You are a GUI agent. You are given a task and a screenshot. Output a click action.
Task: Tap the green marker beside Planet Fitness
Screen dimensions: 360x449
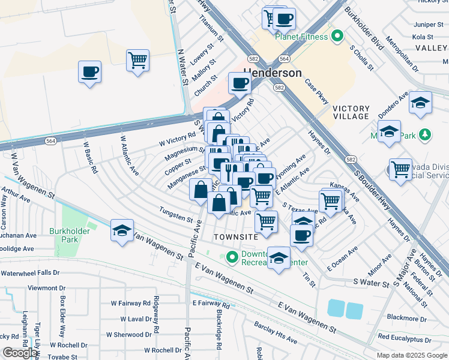coord(338,37)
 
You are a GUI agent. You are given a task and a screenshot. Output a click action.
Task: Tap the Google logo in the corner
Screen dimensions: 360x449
coord(19,353)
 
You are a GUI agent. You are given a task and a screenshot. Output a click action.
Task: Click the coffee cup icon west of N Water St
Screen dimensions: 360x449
coord(90,72)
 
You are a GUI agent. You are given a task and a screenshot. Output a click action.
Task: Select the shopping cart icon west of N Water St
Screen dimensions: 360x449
coord(137,60)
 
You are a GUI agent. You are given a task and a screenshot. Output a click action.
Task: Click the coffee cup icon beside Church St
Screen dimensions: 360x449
coord(240,83)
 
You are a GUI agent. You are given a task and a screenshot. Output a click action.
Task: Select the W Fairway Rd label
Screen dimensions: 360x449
coord(130,304)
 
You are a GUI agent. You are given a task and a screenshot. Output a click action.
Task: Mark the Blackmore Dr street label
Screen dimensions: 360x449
coord(406,319)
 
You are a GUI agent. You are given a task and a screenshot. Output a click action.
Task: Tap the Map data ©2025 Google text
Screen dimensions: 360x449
coord(411,355)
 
